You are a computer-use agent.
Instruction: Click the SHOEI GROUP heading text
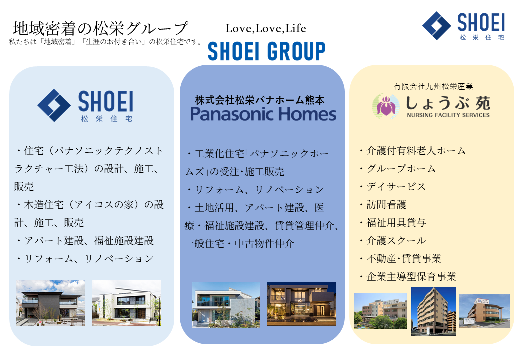coord(267,51)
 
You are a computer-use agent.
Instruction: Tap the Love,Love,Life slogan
coord(266,29)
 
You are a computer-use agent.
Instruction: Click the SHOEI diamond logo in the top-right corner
coord(437,26)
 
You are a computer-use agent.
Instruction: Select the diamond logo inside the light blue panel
coord(54,105)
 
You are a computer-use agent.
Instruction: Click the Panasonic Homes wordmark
coord(263,114)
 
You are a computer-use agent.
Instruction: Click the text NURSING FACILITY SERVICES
coord(448,115)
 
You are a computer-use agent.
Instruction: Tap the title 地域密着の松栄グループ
coord(101,28)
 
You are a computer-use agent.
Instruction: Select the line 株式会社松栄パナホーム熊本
coord(260,100)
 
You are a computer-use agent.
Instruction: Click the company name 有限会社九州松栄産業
coord(433,86)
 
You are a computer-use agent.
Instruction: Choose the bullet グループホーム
coord(397,168)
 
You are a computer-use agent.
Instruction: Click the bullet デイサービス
coord(392,186)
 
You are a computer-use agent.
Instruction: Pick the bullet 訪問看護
coord(382,205)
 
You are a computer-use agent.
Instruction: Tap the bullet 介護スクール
coord(392,240)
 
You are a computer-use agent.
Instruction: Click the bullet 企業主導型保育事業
coord(407,276)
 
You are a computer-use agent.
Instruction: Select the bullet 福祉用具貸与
coord(392,223)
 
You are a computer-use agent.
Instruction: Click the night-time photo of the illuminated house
coord(302,304)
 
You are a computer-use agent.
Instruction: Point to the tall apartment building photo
coord(434,311)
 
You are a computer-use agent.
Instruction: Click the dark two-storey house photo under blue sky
coord(50,303)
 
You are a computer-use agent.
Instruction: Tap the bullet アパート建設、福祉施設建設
coord(85,240)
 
